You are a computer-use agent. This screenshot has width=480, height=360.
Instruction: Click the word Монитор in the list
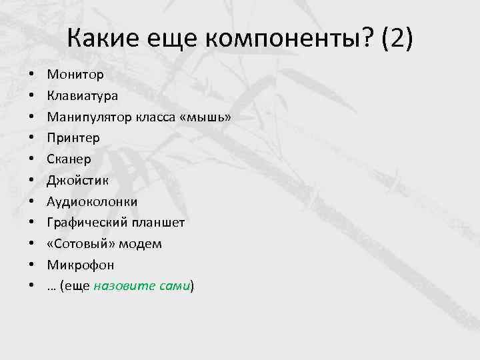(x=75, y=74)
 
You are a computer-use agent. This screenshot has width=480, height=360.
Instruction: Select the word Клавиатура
(x=83, y=95)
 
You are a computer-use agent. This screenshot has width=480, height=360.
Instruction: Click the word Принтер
(x=73, y=138)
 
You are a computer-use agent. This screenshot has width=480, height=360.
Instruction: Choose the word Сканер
(x=69, y=159)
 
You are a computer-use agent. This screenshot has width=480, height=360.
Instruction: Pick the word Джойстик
(x=78, y=180)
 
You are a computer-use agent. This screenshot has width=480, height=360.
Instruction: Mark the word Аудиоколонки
(x=92, y=201)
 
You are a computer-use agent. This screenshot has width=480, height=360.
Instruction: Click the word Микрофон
(x=81, y=265)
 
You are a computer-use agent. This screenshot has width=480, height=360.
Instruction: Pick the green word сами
(x=174, y=286)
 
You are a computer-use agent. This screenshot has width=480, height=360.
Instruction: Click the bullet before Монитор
(x=31, y=75)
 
